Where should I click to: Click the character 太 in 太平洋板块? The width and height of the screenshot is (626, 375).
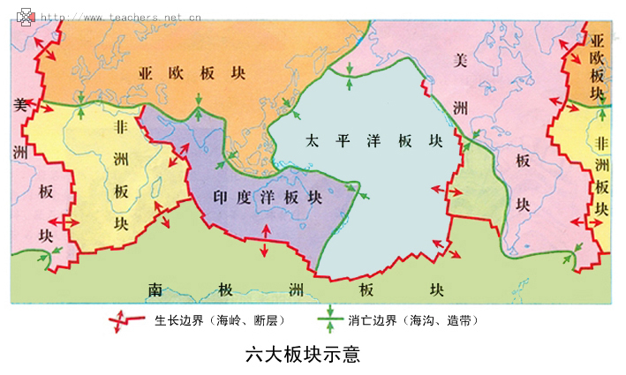click(313, 141)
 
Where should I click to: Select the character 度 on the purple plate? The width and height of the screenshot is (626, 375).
click(246, 197)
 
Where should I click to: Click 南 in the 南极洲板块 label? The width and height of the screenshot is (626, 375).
click(155, 289)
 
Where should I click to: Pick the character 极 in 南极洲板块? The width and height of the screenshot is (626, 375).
click(225, 289)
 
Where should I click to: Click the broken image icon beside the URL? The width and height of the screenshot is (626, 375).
click(27, 15)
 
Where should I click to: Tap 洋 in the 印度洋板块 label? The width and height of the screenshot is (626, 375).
click(269, 197)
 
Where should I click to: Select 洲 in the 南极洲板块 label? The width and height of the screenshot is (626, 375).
click(297, 289)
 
